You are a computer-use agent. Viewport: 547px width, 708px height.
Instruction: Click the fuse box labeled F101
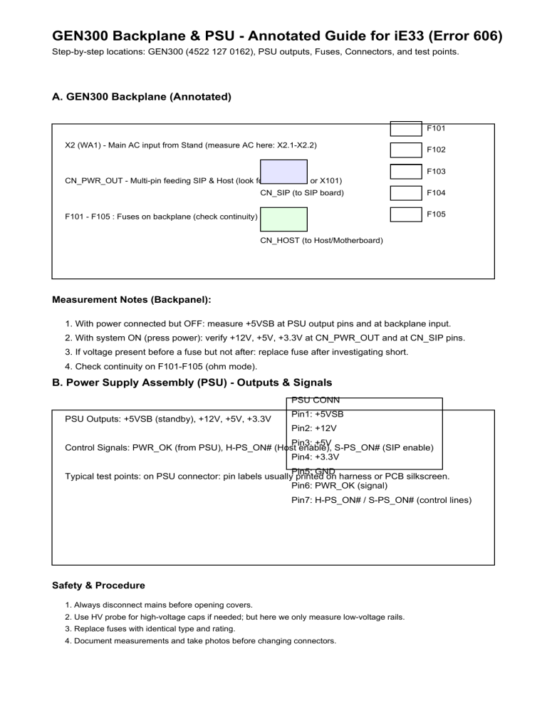tap(406, 128)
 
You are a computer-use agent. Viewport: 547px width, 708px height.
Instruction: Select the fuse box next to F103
tap(406, 171)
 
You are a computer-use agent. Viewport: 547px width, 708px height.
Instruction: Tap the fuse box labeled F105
tap(406, 214)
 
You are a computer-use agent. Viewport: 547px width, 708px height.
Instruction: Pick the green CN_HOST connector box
tap(283, 219)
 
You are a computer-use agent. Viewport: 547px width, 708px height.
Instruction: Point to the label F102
tap(436, 150)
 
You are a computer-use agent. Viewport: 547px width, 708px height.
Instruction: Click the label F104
tap(436, 193)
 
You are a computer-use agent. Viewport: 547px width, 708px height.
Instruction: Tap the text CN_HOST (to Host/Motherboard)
tap(321, 241)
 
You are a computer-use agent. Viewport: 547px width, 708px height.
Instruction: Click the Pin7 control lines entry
tap(381, 501)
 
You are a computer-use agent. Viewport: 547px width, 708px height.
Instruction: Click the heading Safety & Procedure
tap(99, 585)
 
